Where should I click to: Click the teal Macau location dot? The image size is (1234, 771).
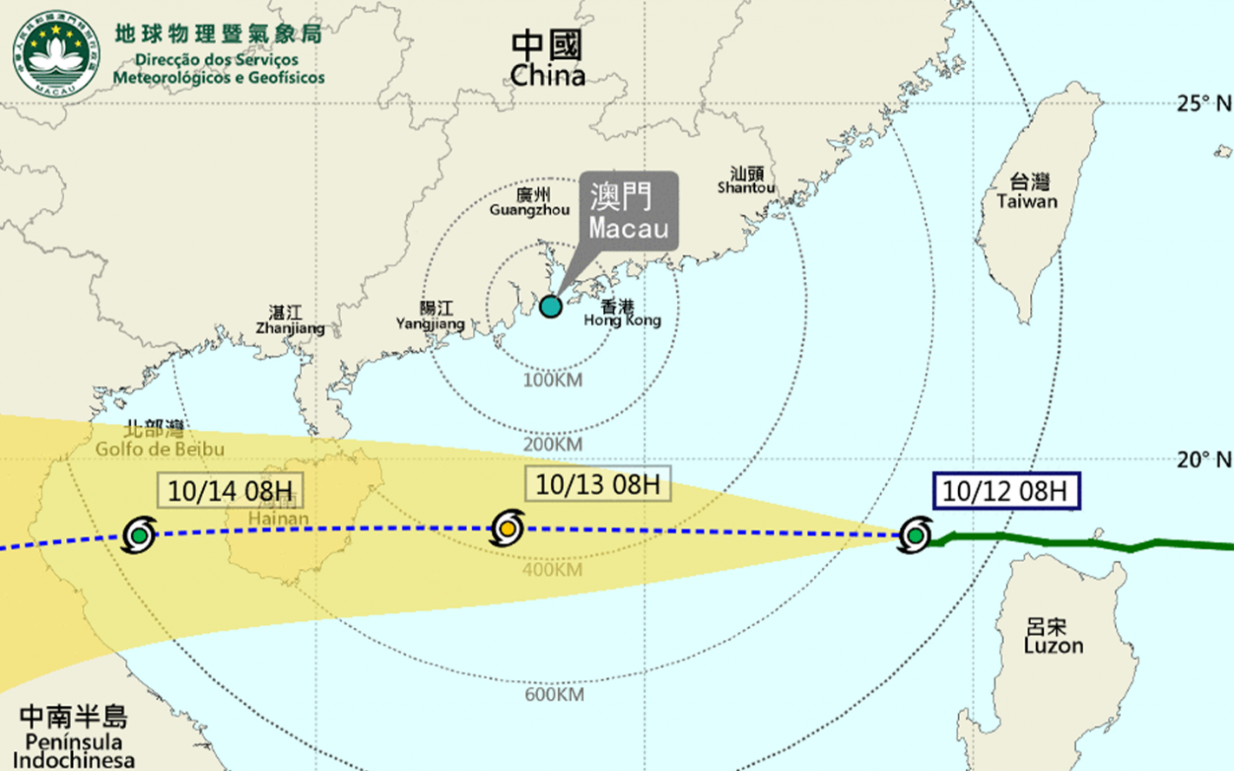(550, 306)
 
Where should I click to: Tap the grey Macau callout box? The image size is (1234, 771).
(629, 212)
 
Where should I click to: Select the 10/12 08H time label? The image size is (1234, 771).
(1005, 491)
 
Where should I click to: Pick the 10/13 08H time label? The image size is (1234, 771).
(597, 484)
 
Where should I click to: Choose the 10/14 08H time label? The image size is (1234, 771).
(230, 490)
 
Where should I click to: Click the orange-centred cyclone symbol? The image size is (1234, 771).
(507, 528)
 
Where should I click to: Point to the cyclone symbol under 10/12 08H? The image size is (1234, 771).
(915, 535)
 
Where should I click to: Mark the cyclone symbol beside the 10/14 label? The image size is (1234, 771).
(139, 535)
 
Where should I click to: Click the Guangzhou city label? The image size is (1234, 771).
(529, 202)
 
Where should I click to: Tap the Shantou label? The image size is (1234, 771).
(746, 180)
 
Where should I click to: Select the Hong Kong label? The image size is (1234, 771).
(621, 313)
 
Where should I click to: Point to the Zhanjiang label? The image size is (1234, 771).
(290, 321)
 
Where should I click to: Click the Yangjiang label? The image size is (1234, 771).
(431, 316)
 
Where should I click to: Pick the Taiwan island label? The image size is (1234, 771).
(1027, 192)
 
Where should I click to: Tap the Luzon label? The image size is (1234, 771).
(1053, 637)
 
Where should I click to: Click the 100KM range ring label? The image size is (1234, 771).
(553, 380)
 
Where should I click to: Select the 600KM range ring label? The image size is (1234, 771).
(554, 695)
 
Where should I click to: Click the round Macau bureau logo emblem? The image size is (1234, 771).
(56, 54)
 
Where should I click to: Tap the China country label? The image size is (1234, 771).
(547, 59)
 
